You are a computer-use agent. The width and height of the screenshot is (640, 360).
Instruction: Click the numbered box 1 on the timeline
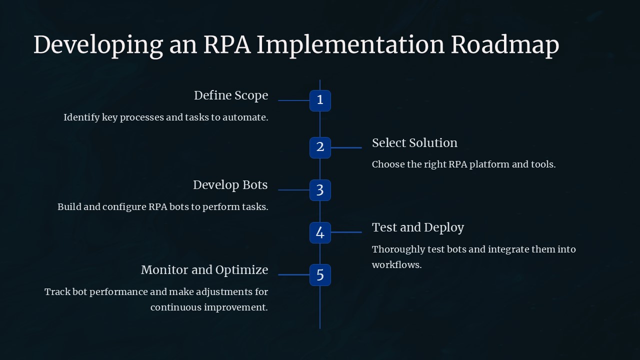320,100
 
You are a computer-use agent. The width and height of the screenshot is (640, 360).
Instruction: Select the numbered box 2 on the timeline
320,147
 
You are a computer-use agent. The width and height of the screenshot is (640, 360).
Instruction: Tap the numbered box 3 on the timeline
320,190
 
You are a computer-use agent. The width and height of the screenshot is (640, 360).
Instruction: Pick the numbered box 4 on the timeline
320,232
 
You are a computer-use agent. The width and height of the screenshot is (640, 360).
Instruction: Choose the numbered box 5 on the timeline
320,274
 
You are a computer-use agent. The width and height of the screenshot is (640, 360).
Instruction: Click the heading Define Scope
231,95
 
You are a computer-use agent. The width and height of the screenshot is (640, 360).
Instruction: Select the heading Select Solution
414,143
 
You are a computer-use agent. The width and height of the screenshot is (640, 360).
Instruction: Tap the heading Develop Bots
230,185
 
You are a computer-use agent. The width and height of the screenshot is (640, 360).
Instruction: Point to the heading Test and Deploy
418,227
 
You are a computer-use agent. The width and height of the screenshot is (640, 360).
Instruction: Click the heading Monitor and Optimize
204,270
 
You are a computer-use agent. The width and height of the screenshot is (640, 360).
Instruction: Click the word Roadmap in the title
504,45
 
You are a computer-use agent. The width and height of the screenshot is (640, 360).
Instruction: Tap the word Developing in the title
97,45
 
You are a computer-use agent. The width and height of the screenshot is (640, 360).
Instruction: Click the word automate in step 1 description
245,117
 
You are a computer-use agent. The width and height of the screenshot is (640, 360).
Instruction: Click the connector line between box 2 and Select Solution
346,147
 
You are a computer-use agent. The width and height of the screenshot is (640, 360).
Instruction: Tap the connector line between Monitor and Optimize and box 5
293,274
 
